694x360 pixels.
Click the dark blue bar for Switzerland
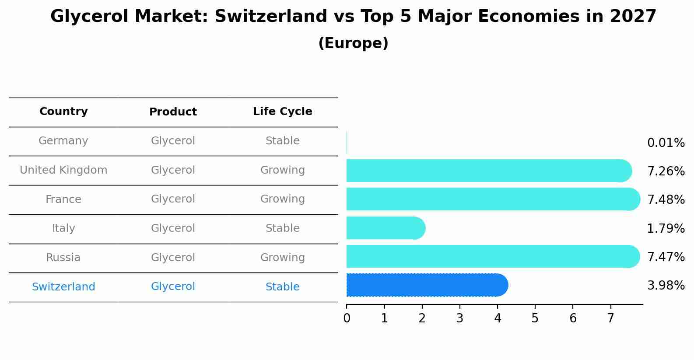point(427,285)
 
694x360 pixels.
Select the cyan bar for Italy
point(385,228)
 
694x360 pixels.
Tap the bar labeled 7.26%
point(488,171)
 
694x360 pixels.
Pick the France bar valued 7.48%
point(493,199)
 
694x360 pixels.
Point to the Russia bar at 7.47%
point(493,256)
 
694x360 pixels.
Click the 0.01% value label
point(666,143)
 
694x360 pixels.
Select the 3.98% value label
point(666,286)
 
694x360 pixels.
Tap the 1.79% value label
point(666,228)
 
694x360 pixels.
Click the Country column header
point(63,112)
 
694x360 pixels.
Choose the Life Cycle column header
point(282,112)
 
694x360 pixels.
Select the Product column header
point(173,112)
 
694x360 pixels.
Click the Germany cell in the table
point(63,141)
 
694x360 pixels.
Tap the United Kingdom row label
point(63,170)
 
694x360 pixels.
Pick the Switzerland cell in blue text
point(63,287)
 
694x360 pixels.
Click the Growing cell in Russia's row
point(282,258)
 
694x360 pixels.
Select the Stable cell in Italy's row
point(282,228)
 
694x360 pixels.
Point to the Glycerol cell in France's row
point(173,199)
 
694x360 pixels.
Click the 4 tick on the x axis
point(498,318)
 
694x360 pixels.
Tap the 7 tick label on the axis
point(610,318)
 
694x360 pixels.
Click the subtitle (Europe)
point(353,43)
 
